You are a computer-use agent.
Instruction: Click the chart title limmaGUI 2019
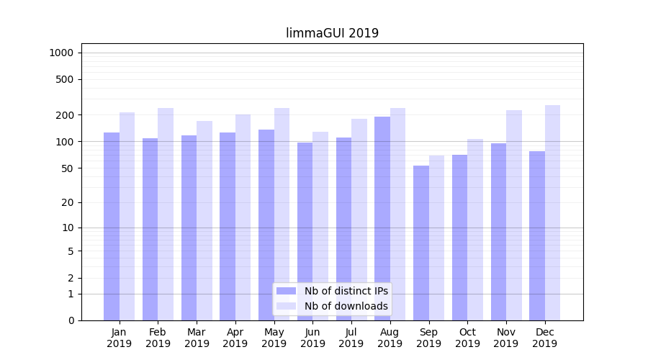[x=332, y=33]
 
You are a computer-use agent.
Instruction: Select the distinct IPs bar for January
[x=112, y=226]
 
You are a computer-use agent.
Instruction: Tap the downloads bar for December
[x=552, y=212]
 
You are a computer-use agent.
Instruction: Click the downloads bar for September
[x=436, y=238]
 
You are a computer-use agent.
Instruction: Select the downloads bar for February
[x=166, y=214]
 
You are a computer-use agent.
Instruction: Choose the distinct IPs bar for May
[x=266, y=225]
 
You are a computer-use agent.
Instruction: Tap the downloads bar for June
[x=320, y=226]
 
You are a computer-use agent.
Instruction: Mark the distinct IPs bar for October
[x=460, y=238]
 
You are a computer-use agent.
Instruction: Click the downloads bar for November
[x=514, y=215]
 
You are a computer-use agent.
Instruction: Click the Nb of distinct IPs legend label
[x=346, y=291]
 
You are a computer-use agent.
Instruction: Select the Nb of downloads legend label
[x=346, y=306]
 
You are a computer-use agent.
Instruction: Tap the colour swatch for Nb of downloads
[x=287, y=306]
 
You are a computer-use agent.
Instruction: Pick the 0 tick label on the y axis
[x=71, y=320]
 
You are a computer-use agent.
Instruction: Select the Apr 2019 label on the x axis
[x=235, y=338]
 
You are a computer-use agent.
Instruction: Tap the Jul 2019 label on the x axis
[x=351, y=338]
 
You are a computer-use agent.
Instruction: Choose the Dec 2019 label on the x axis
[x=545, y=338]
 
